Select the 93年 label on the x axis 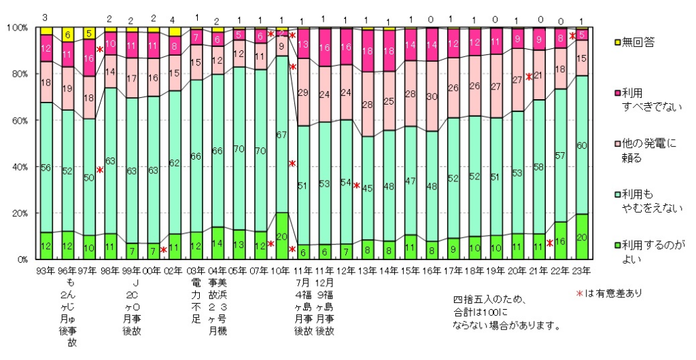46,270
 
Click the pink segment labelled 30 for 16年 432,97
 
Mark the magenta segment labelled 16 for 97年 90,59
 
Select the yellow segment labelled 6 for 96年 68,35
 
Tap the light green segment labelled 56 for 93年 46,168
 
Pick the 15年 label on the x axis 411,270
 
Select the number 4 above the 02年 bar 175,18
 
